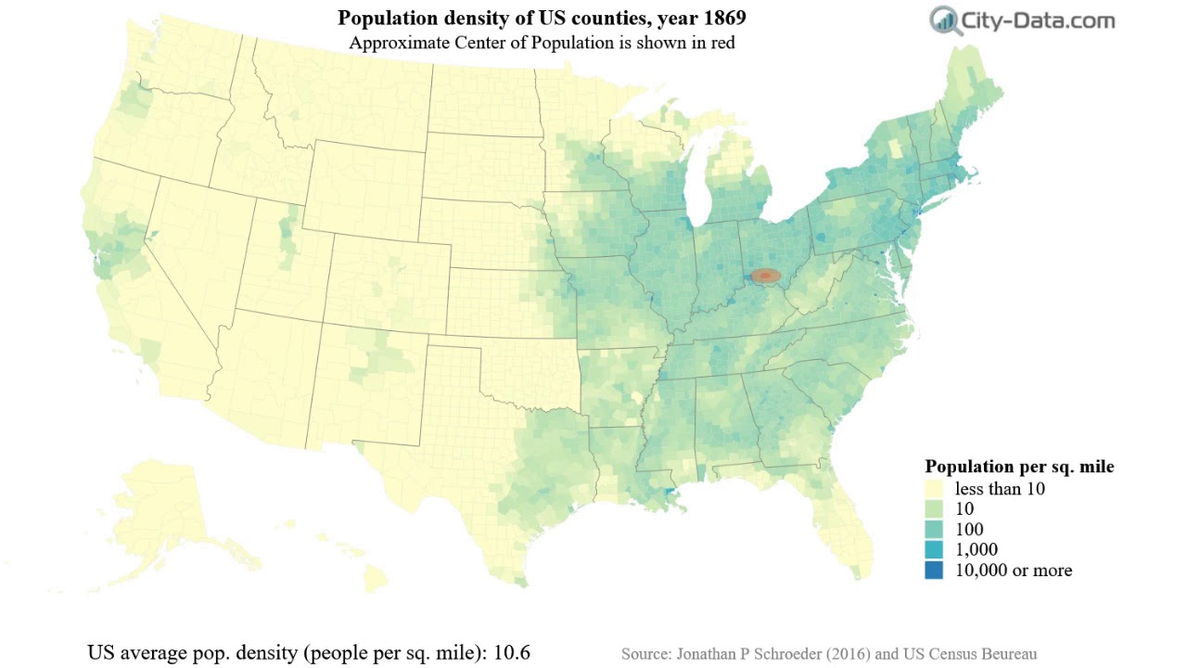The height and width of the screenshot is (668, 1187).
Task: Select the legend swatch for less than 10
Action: point(933,489)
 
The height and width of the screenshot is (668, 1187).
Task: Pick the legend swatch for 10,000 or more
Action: point(933,571)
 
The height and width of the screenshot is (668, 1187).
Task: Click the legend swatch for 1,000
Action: point(933,550)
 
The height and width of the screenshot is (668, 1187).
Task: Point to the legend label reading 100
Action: point(970,530)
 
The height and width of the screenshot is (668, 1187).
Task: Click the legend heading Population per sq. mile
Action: point(1019,467)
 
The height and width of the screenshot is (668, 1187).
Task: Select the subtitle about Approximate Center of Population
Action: point(542,43)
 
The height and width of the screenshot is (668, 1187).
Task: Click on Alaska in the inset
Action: point(167,510)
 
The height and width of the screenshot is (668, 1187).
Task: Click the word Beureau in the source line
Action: point(1005,654)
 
